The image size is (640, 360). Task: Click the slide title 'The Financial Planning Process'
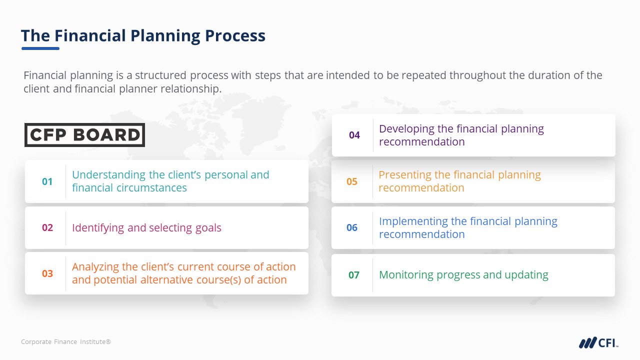[143, 36]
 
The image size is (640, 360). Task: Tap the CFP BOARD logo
[84, 135]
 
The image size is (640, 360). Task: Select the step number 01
[47, 181]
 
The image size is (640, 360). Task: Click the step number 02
[47, 228]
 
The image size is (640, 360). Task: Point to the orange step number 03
[47, 274]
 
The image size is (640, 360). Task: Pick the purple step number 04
[354, 135]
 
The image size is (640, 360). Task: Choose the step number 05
[352, 181]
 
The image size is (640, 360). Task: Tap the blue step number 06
[352, 228]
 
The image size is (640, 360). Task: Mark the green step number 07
[353, 275]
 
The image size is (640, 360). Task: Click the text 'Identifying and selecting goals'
[146, 228]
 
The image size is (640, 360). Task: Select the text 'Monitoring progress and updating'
[463, 275]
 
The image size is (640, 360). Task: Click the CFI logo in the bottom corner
[598, 343]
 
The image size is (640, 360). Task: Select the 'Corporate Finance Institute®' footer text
[66, 342]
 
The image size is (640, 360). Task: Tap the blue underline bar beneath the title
[40, 48]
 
